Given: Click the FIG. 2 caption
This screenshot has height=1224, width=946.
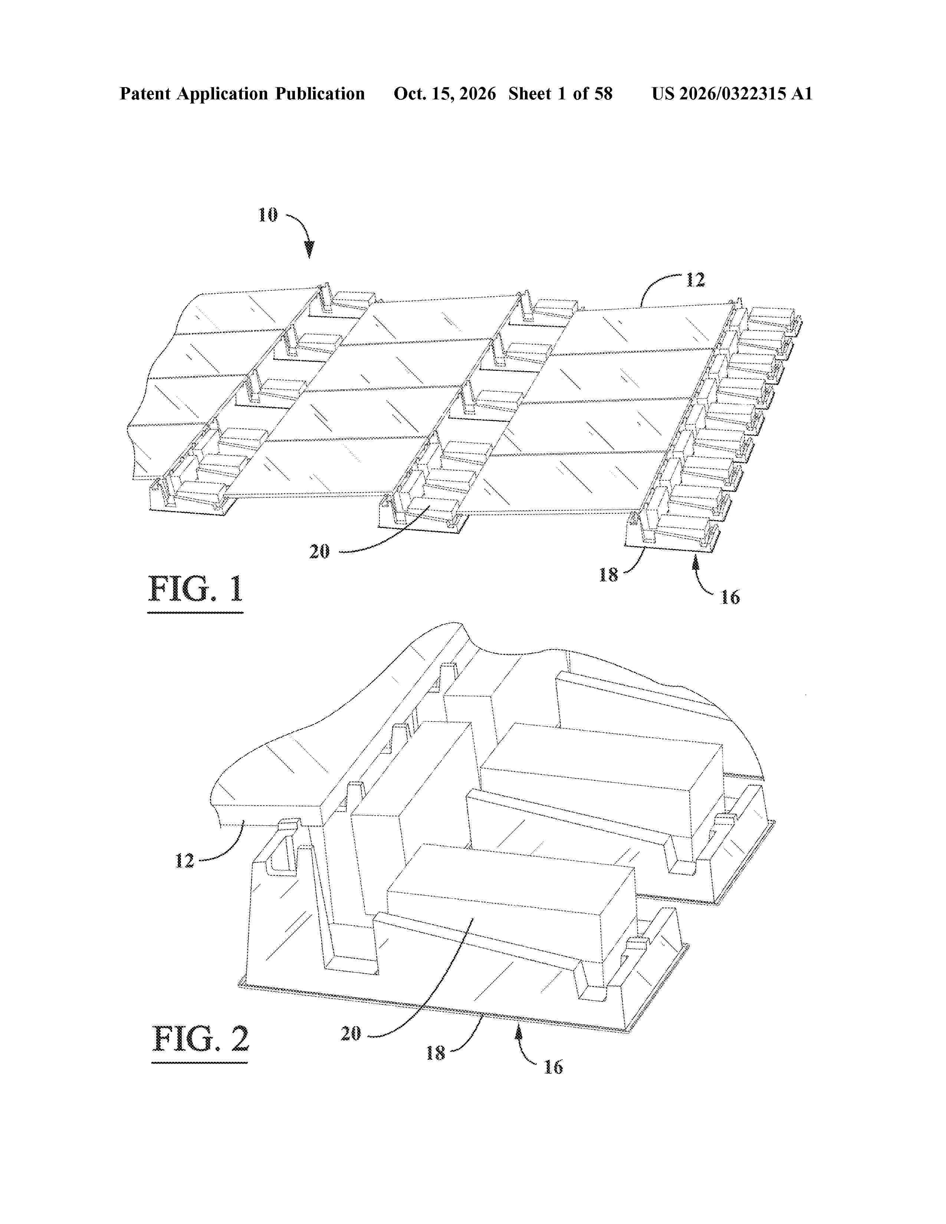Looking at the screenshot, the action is coord(200,1039).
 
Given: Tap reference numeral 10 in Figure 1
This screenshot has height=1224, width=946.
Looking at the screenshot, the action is coord(268,215).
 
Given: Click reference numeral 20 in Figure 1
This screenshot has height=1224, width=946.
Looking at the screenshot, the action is coord(319,552).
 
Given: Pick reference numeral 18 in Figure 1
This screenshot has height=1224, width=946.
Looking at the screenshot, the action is coord(608,575).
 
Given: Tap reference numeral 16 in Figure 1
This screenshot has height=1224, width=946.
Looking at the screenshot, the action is coord(730,598).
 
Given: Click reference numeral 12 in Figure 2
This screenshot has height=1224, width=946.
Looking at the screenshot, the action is coord(184,860).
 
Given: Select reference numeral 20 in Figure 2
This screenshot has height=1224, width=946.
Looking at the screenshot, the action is coord(351,1033).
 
